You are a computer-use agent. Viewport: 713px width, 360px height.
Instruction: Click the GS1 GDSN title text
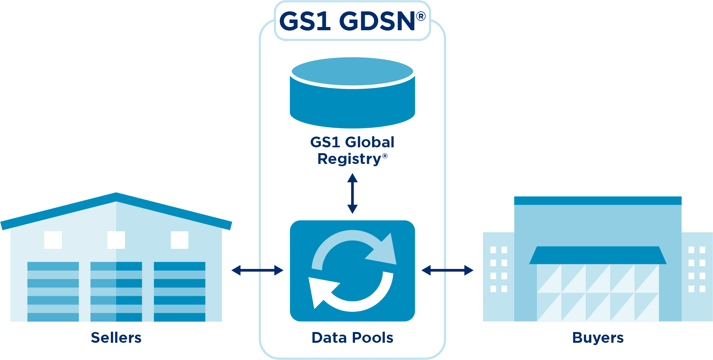(347, 21)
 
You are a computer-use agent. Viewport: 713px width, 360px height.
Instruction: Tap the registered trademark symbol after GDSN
(421, 16)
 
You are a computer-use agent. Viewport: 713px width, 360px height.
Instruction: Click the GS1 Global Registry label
(352, 150)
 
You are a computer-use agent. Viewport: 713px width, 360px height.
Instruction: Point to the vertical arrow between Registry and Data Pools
(352, 193)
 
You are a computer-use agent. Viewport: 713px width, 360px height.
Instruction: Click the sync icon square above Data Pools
(352, 271)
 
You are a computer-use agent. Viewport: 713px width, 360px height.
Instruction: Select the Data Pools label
(352, 338)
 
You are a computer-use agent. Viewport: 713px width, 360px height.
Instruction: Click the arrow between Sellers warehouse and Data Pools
(257, 270)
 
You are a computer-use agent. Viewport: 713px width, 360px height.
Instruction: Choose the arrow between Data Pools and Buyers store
(447, 270)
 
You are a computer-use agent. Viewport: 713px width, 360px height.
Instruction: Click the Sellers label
(116, 338)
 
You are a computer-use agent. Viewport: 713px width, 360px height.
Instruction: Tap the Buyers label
(598, 338)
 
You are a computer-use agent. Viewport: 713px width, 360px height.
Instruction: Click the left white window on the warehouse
(53, 240)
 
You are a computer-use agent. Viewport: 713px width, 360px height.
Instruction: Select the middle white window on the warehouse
(116, 240)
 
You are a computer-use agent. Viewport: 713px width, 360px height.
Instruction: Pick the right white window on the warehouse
(180, 240)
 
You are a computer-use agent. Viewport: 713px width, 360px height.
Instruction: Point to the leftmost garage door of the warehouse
(53, 291)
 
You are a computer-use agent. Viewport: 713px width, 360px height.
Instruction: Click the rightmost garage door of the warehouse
(180, 291)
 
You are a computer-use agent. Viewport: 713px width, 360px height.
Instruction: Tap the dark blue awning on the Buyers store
(598, 255)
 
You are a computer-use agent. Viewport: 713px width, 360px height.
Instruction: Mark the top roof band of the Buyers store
(598, 201)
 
